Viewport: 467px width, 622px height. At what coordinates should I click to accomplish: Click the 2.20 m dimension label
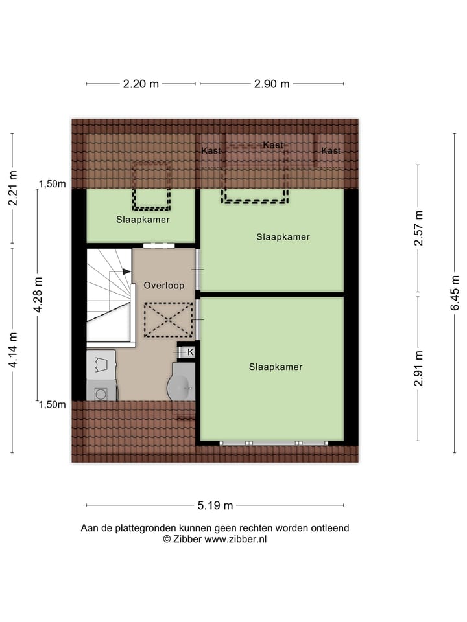[141, 84]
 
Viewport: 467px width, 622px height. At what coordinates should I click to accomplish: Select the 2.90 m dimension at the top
[271, 84]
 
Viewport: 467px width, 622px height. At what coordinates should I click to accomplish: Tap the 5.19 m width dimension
[215, 506]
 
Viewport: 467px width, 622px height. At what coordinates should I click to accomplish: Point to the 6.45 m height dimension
[456, 293]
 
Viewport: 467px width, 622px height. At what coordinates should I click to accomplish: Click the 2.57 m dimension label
[420, 228]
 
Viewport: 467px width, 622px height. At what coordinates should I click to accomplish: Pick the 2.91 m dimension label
[420, 368]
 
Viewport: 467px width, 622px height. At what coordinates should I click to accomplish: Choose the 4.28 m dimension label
[38, 295]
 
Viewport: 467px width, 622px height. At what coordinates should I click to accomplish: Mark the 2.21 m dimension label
[12, 189]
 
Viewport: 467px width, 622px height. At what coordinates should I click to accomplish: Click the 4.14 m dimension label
[12, 350]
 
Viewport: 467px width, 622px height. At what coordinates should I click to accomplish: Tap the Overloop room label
[164, 285]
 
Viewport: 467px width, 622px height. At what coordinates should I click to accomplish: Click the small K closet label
[191, 352]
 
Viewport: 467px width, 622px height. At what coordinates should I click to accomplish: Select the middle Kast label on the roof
[273, 145]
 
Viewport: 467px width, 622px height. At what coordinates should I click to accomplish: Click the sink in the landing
[181, 386]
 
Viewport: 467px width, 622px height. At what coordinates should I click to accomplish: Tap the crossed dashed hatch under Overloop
[168, 320]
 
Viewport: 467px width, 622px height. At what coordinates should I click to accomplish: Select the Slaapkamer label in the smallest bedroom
[143, 220]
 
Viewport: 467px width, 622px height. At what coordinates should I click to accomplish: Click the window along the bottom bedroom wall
[273, 443]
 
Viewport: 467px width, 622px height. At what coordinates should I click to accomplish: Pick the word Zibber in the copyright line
[188, 539]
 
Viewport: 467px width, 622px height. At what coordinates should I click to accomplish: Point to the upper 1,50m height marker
[53, 184]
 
